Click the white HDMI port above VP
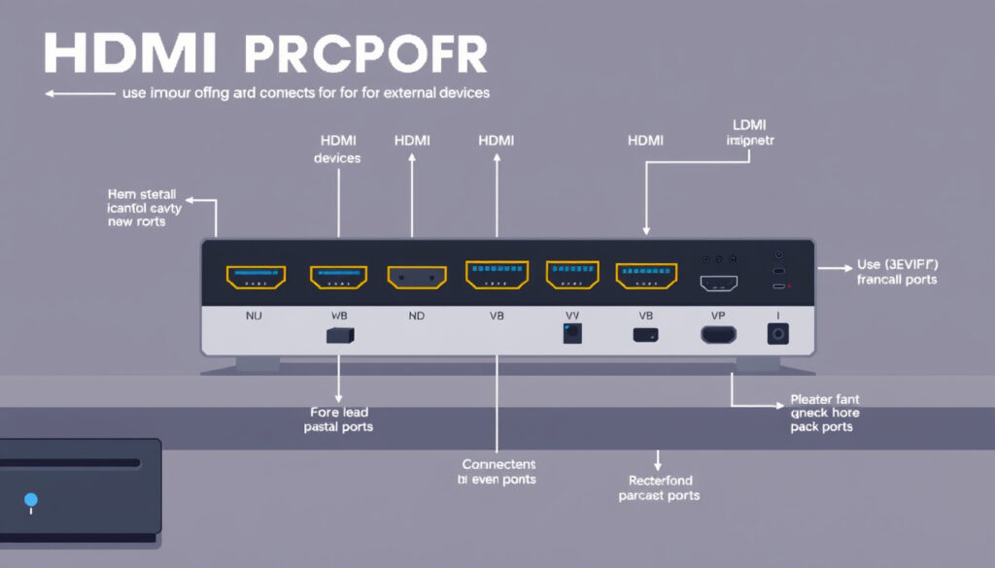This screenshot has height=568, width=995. tap(719, 283)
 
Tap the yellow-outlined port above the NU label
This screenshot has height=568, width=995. tap(256, 278)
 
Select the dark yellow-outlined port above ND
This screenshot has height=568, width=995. tap(417, 278)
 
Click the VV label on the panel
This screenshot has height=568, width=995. tap(572, 316)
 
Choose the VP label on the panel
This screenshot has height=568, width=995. tap(718, 316)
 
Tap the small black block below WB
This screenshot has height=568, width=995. tap(339, 335)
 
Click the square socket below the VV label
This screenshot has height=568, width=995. tap(572, 334)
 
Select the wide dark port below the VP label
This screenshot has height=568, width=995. tap(718, 335)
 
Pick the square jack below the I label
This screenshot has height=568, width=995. tap(778, 334)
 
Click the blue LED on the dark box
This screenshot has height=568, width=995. tap(31, 500)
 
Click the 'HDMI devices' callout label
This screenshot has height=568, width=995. tap(337, 149)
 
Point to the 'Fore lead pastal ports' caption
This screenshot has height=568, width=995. tap(338, 418)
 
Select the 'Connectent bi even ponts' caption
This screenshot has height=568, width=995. tap(497, 472)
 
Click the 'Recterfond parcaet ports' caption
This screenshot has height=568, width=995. tap(659, 487)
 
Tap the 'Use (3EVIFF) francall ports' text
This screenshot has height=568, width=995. tap(897, 272)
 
